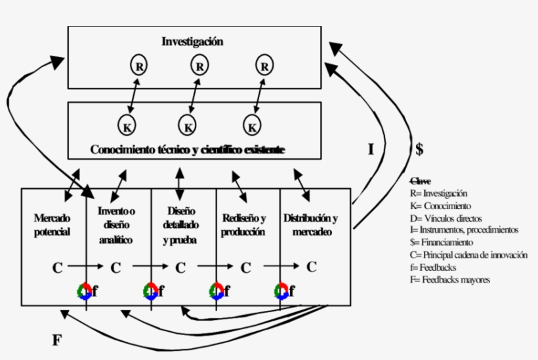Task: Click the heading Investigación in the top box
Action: [x=192, y=41]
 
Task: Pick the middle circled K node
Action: [x=188, y=125]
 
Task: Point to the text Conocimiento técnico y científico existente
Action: [x=188, y=150]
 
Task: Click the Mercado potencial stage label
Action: [x=52, y=224]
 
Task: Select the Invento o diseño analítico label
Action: [x=116, y=226]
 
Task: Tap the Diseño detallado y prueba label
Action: [x=181, y=226]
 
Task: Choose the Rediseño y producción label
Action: [x=244, y=224]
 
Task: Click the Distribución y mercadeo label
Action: [x=311, y=224]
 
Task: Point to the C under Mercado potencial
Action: [x=57, y=268]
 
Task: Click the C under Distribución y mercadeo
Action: [x=312, y=267]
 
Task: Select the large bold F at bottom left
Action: [x=57, y=340]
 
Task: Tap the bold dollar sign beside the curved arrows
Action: [x=419, y=149]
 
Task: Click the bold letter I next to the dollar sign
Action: [x=371, y=149]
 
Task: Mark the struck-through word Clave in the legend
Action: [x=420, y=181]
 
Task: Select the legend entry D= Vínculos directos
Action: [x=445, y=218]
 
